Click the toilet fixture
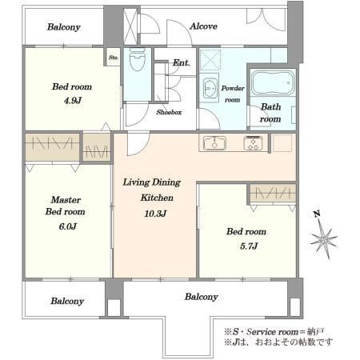click(x=138, y=59)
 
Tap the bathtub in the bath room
click(x=273, y=82)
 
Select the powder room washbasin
click(x=210, y=88)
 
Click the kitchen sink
click(x=214, y=143)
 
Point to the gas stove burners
click(x=253, y=143)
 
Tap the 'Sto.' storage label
click(x=114, y=58)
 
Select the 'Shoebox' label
click(x=169, y=112)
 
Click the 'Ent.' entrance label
click(x=182, y=63)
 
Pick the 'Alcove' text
click(x=203, y=26)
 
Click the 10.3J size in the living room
click(x=155, y=214)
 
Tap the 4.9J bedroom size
click(x=73, y=101)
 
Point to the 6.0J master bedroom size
click(x=68, y=226)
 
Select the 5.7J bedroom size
click(x=249, y=246)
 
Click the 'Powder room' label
click(x=233, y=94)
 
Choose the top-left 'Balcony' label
click(x=64, y=27)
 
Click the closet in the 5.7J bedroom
click(x=273, y=193)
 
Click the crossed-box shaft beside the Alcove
click(x=130, y=26)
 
